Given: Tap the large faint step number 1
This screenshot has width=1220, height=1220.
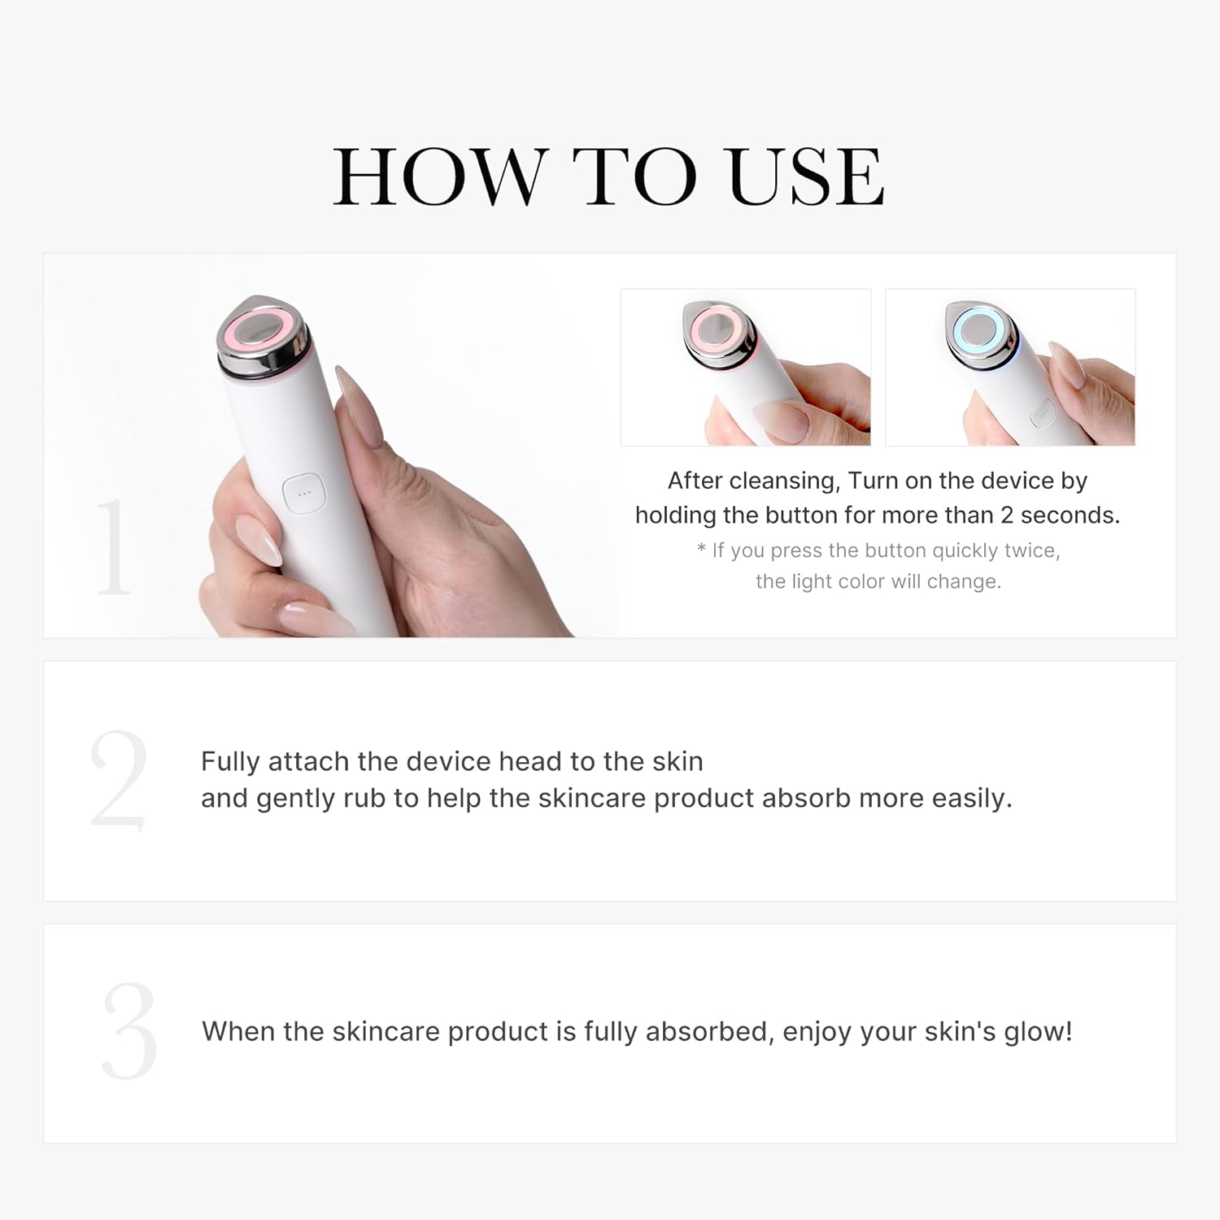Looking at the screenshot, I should click(x=113, y=547).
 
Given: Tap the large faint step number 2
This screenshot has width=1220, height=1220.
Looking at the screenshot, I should click(x=119, y=781).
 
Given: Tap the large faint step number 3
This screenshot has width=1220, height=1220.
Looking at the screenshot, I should click(x=129, y=1031).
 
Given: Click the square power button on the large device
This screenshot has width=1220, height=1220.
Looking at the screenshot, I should click(x=304, y=493).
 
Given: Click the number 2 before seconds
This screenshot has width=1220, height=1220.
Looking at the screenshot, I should click(x=1007, y=515).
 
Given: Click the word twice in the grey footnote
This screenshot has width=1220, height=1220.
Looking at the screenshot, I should click(x=1032, y=551).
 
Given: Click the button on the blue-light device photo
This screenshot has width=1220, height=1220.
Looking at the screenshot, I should click(x=1041, y=415).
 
